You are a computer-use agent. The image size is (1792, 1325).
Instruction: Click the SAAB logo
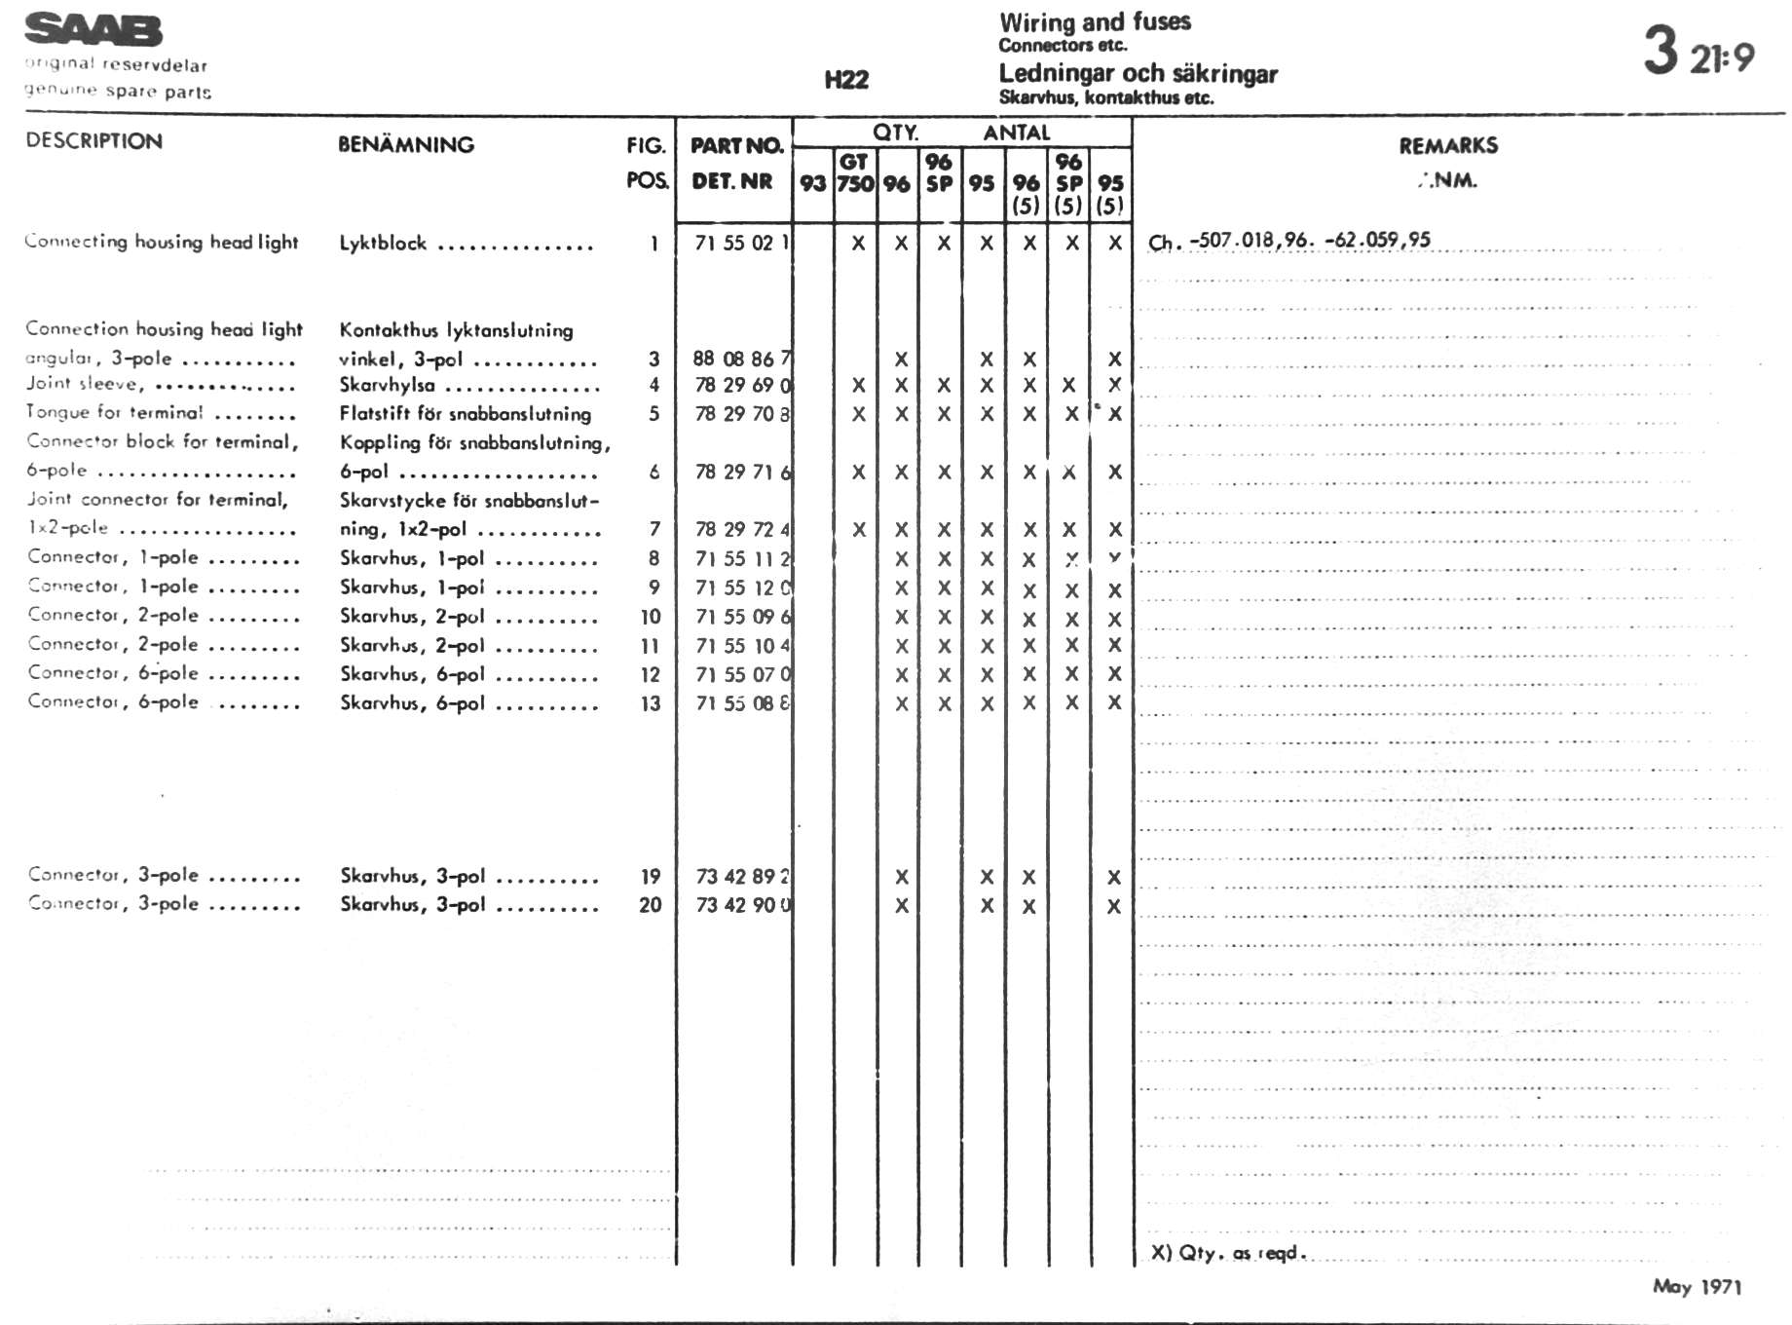point(93,30)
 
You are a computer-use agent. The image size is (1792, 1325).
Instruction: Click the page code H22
point(845,80)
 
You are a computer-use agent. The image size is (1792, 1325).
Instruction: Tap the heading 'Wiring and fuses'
point(1095,22)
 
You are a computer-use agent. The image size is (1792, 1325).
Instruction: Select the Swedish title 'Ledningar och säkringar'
point(1138,74)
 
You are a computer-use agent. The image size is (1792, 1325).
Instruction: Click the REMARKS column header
point(1448,146)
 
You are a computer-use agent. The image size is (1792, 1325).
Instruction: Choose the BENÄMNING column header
point(406,145)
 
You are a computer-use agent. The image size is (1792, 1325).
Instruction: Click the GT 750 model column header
point(855,173)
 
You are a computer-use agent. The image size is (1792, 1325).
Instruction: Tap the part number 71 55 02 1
point(741,243)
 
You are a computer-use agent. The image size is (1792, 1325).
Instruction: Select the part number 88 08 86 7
point(741,359)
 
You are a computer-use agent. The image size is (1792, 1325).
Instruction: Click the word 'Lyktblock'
point(383,243)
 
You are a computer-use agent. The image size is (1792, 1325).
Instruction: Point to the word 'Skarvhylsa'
point(387,386)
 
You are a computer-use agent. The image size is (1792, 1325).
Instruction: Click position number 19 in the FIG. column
point(651,876)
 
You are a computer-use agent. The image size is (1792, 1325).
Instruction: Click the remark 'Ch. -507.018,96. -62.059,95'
point(1289,241)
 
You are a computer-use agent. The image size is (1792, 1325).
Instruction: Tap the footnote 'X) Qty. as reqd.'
point(1227,1253)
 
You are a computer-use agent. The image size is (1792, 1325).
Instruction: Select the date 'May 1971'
point(1697,1287)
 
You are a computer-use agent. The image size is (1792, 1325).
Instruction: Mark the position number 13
point(651,703)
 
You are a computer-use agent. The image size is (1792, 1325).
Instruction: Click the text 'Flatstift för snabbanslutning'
point(465,414)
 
